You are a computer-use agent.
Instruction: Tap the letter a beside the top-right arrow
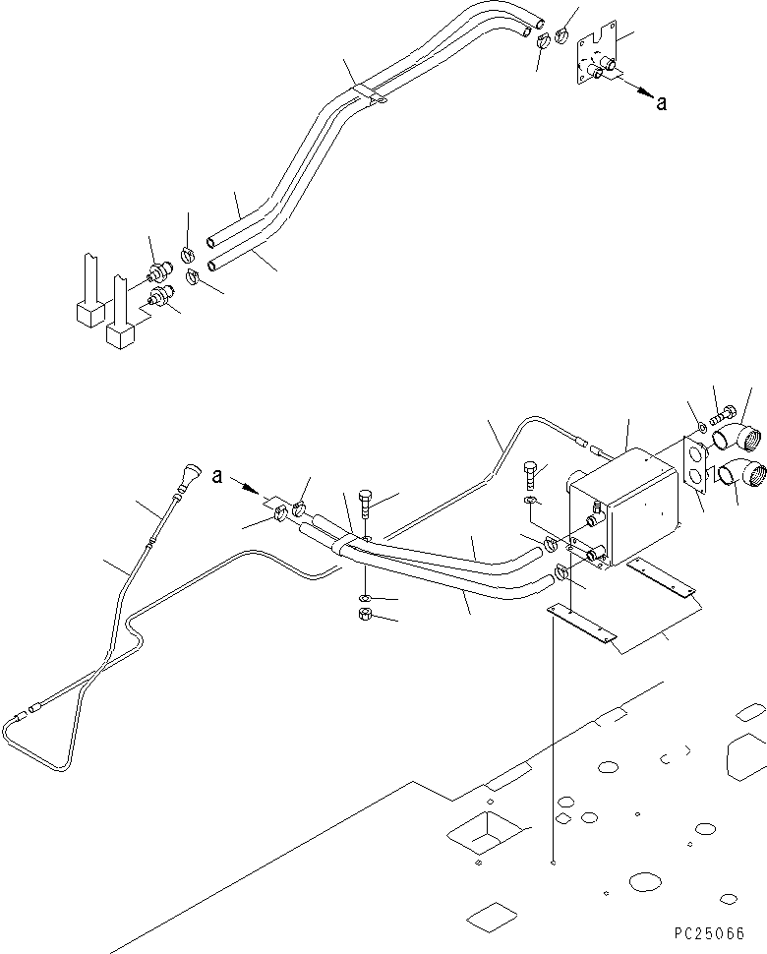click(661, 102)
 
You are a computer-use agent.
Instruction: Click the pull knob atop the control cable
click(188, 479)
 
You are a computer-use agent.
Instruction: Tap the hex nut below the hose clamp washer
click(364, 616)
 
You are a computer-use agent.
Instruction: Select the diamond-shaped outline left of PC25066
click(492, 918)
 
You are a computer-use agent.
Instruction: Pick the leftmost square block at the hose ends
click(88, 312)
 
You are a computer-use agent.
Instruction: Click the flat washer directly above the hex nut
click(365, 597)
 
